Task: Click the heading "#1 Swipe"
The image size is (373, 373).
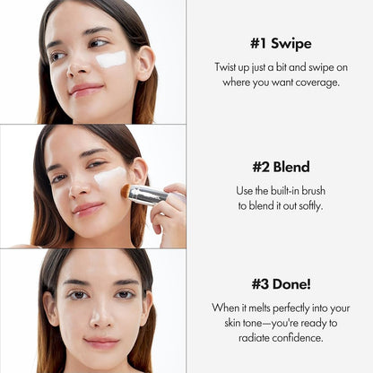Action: pos(280,43)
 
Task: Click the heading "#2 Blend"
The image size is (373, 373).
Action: pos(280,167)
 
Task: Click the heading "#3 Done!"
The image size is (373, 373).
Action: pos(280,284)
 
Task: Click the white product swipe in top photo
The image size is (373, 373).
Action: pos(111,59)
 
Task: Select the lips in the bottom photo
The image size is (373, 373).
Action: pos(100,343)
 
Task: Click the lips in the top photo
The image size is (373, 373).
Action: pos(85,90)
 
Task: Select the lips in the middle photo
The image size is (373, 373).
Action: pos(88,208)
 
